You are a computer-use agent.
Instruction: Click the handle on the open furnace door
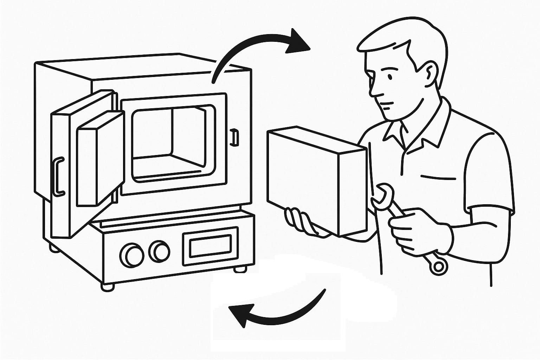(x=59, y=176)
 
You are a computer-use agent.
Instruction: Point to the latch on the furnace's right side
(x=234, y=137)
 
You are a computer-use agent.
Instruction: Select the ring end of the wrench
(x=438, y=266)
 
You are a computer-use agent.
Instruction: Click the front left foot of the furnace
(x=107, y=287)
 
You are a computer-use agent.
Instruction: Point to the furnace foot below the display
(x=240, y=269)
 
